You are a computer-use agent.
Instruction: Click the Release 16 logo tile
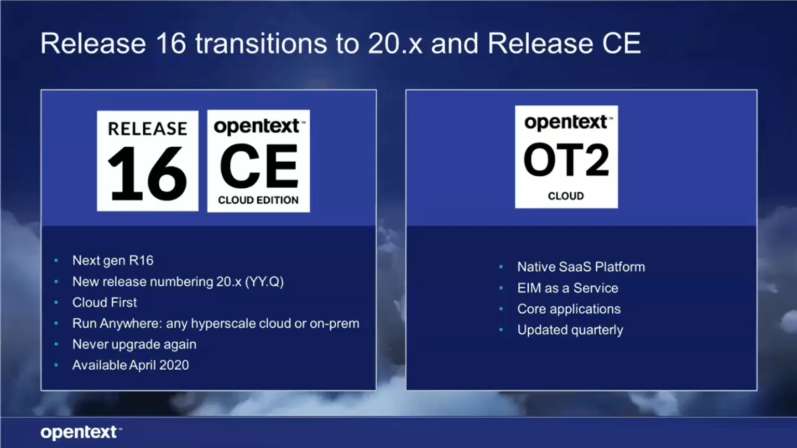tap(147, 161)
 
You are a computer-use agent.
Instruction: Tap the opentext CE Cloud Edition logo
tap(258, 161)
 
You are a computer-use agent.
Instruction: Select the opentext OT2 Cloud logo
tap(566, 157)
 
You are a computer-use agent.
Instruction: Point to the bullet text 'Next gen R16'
tap(113, 260)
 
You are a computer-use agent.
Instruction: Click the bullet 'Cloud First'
tap(104, 302)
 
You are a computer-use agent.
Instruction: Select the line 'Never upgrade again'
tap(134, 344)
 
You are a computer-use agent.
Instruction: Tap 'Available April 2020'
tap(130, 365)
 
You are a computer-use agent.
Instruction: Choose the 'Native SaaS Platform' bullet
tap(581, 267)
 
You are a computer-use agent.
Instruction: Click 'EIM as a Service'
tap(568, 288)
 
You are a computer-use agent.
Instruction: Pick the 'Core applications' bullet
tap(569, 309)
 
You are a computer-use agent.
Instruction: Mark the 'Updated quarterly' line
tap(570, 330)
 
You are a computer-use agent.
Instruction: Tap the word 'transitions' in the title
tap(261, 43)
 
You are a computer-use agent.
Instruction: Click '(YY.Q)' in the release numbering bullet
tap(264, 282)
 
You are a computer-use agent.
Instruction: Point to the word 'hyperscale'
tap(223, 324)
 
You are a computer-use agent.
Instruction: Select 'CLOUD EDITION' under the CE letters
tap(258, 200)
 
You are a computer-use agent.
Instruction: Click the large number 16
tap(147, 174)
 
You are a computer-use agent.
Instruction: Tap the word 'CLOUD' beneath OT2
tap(566, 196)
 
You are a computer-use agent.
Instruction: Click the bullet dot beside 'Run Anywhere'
tap(56, 324)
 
